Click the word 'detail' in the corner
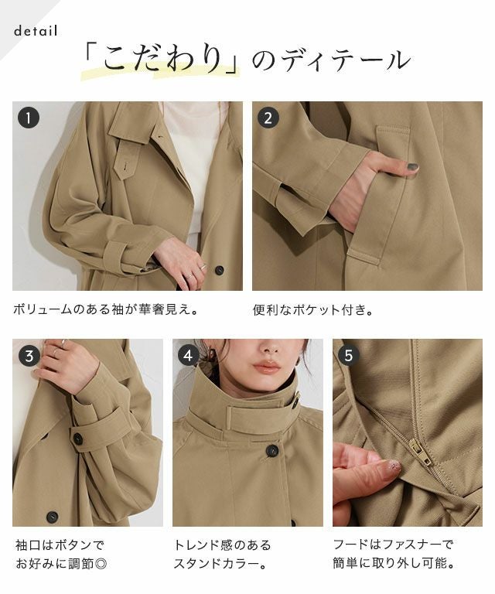click(36, 31)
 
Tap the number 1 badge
click(29, 118)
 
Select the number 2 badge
click(268, 118)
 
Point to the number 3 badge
click(29, 356)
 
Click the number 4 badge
click(189, 356)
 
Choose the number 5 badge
click(348, 356)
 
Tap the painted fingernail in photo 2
click(412, 166)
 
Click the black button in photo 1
click(219, 270)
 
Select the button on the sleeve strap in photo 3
click(77, 439)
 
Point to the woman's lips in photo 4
click(267, 367)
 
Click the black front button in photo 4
click(272, 450)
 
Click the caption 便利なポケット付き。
click(312, 310)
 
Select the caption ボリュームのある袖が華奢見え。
click(106, 310)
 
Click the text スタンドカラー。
click(221, 564)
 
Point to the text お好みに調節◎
click(61, 564)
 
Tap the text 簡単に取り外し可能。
click(394, 563)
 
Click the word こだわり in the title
click(163, 60)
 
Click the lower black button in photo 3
click(52, 517)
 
